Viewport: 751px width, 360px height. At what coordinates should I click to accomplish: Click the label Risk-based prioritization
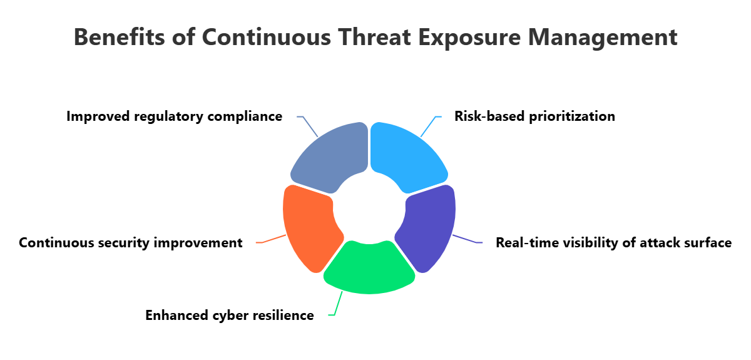point(534,116)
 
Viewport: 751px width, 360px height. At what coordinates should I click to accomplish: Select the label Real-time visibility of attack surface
point(613,243)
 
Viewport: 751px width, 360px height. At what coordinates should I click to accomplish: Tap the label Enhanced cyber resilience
point(230,316)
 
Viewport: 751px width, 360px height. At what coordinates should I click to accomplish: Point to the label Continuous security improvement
point(130,243)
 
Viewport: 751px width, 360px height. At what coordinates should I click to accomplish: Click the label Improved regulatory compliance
point(174,116)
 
